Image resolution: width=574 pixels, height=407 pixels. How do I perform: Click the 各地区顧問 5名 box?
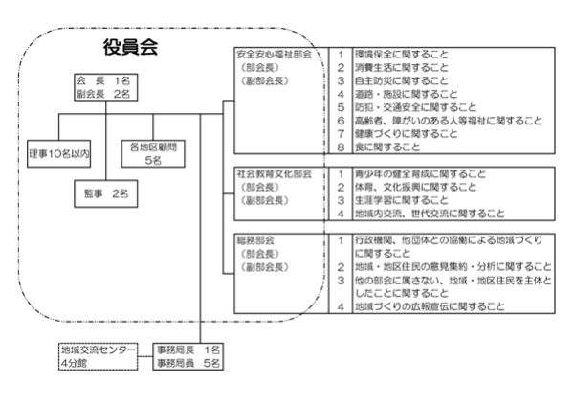pos(153,153)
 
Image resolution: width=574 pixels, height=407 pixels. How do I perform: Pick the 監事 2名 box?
pos(107,194)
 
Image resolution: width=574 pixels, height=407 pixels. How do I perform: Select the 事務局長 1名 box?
pos(189,350)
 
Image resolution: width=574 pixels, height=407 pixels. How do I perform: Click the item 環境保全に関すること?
pos(400,56)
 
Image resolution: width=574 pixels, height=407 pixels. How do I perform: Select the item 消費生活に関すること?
pos(400,69)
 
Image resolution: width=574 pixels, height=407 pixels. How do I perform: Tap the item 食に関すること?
pos(386,147)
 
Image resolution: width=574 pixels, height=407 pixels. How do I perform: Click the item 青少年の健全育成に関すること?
pos(419,174)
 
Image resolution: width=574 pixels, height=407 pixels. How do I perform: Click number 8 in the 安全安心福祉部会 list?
pos(341,147)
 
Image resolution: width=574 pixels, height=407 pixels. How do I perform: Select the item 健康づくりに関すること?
pos(406,134)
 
